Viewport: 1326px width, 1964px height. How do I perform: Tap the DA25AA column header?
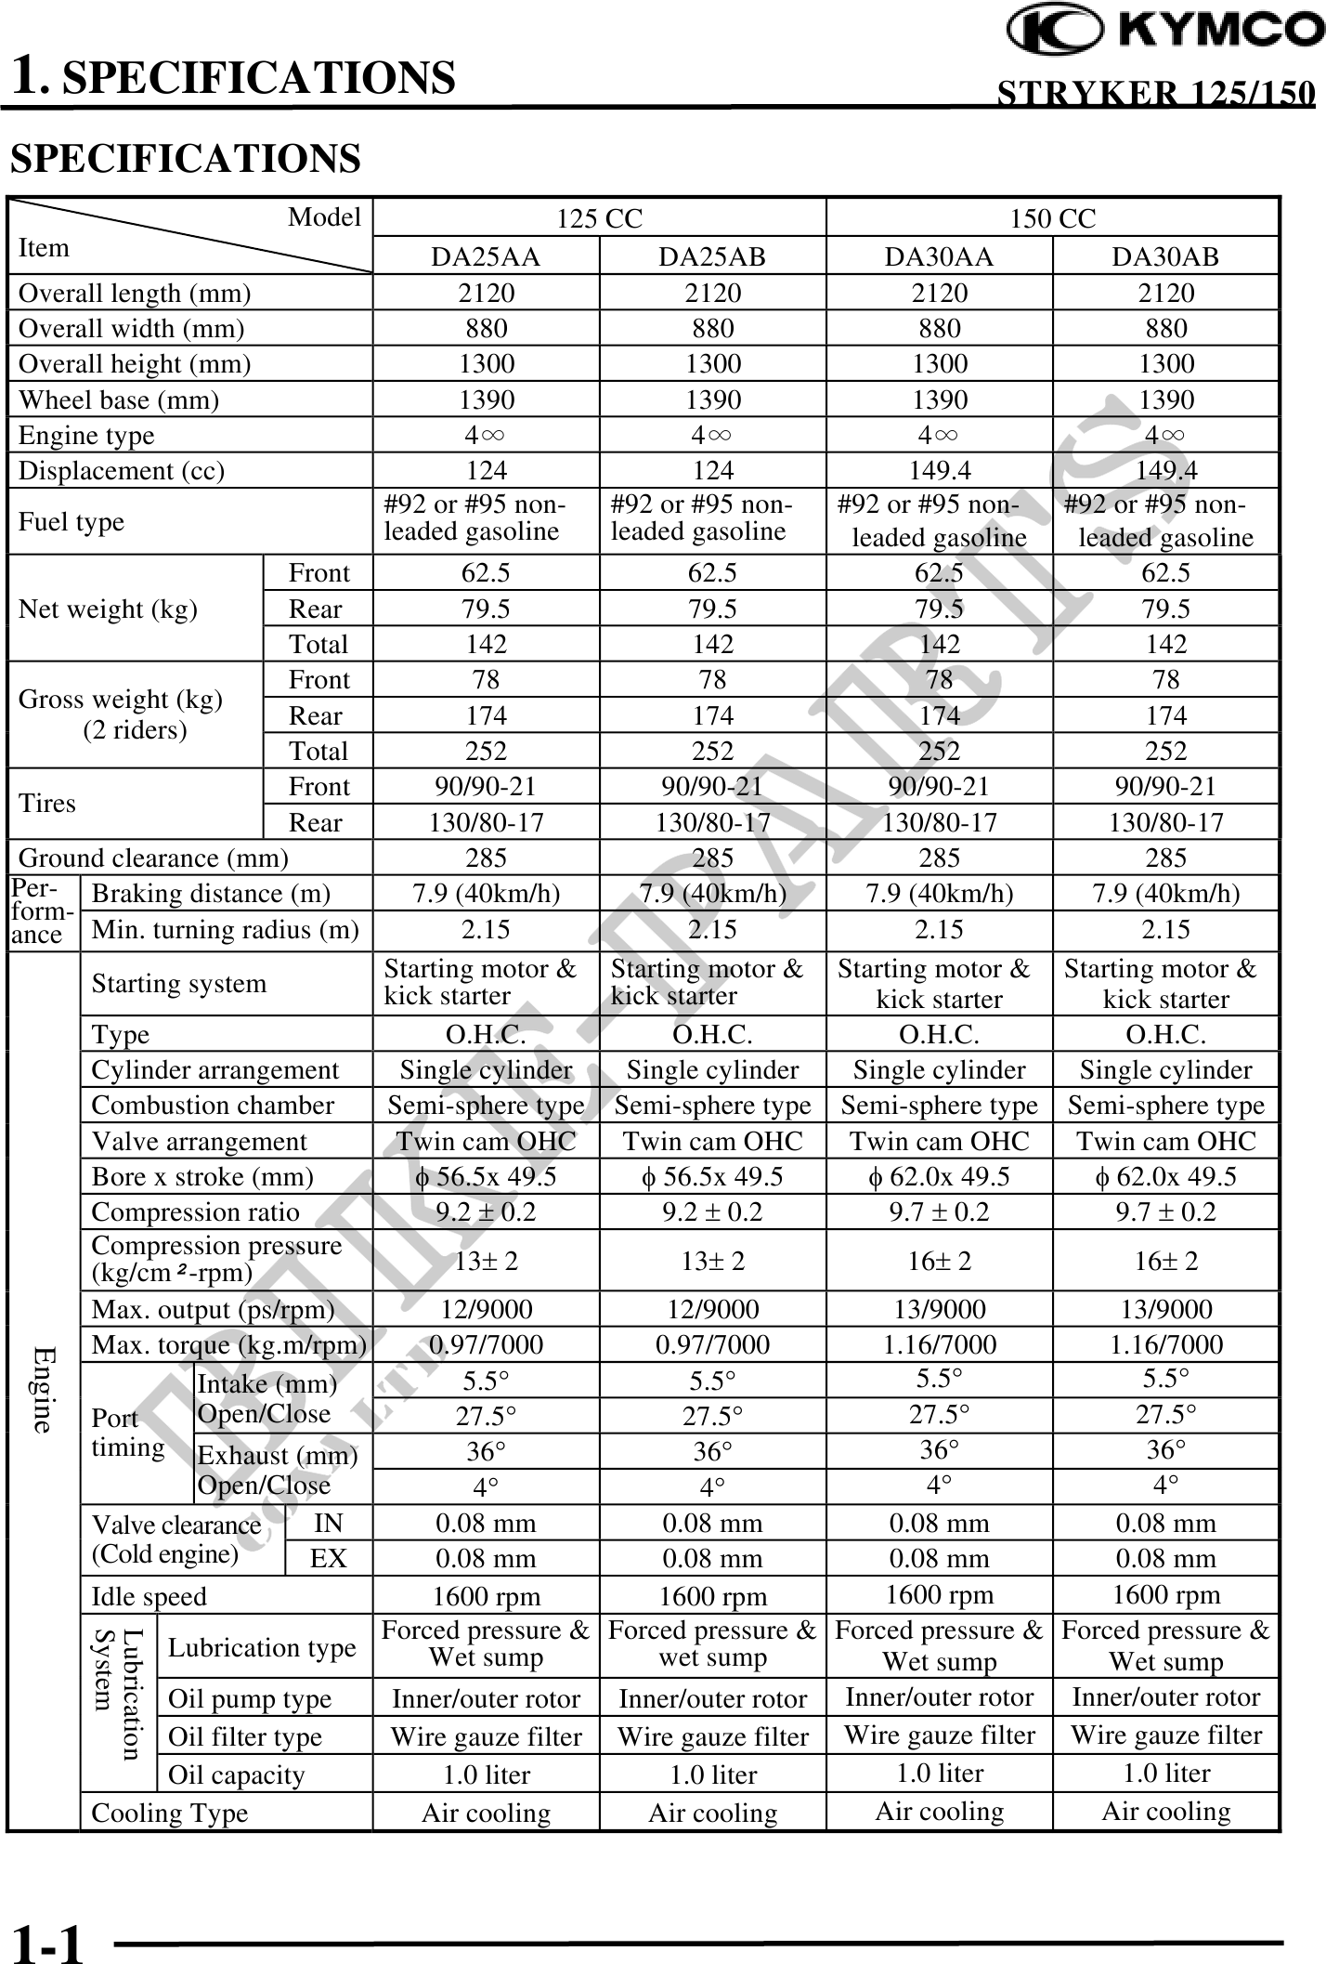point(486,257)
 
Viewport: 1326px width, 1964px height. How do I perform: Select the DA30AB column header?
point(1165,257)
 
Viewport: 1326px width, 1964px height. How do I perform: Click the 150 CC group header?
point(1052,218)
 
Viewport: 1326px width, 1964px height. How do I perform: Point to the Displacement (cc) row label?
point(122,471)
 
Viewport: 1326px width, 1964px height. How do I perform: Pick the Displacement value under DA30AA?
point(939,471)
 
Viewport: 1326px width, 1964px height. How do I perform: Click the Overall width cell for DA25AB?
point(712,329)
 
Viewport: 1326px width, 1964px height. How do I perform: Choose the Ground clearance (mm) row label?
point(153,858)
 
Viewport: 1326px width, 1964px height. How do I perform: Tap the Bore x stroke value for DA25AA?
point(486,1177)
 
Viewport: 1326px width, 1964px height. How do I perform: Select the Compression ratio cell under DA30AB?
point(1165,1212)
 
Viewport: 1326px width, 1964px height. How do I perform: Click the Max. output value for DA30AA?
point(939,1310)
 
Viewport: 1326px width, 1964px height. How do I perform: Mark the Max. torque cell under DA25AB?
point(712,1345)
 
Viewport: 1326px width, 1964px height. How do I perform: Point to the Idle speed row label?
point(149,1597)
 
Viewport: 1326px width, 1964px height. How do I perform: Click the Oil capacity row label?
point(236,1775)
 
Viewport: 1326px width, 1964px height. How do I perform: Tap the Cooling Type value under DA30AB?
point(1165,1812)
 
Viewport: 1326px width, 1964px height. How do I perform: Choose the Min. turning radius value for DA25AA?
point(486,930)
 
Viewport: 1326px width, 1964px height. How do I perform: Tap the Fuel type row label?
point(71,522)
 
